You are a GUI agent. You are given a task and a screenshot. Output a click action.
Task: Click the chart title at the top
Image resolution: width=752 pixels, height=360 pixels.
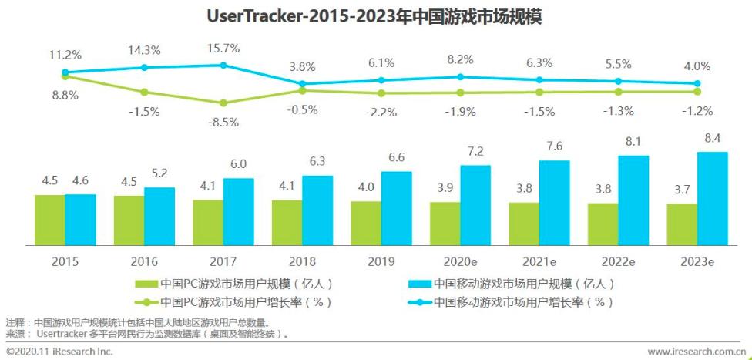374,16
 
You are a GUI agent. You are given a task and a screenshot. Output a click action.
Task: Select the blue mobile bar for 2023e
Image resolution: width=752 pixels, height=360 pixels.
712,198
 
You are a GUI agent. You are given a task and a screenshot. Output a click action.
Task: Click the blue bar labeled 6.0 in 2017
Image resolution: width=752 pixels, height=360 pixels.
238,212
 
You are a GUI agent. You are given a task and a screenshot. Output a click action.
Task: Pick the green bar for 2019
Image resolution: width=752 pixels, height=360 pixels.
366,223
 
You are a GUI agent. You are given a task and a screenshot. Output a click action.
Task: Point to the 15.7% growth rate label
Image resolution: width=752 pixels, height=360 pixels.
223,48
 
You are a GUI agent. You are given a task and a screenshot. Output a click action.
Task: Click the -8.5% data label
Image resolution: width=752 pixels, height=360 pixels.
223,121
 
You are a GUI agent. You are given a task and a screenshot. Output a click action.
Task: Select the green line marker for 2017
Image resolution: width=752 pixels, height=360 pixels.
223,103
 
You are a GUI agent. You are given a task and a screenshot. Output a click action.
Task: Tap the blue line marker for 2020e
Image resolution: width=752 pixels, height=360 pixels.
460,76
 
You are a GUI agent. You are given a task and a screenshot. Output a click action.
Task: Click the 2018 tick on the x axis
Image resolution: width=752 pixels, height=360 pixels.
302,261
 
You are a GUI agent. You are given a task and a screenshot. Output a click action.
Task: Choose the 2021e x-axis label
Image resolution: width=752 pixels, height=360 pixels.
539,261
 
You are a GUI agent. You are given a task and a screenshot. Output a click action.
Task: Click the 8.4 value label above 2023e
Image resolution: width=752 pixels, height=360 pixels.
711,139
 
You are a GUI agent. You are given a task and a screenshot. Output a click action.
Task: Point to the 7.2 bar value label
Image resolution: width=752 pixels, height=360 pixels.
475,152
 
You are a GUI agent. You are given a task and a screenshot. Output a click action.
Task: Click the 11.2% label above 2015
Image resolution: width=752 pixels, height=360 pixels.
65,56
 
